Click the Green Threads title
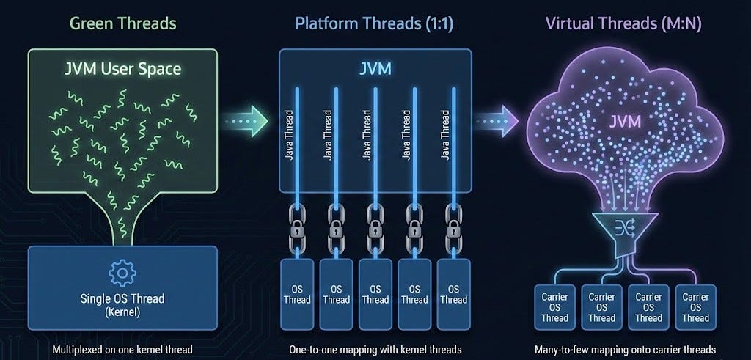click(123, 23)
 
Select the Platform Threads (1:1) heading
click(373, 24)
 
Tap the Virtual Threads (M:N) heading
click(623, 24)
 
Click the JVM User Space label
click(122, 69)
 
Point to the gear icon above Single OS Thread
click(122, 273)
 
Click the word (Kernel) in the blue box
click(122, 313)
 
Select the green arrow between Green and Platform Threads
click(246, 121)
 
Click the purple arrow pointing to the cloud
click(497, 121)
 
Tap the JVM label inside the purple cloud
click(625, 122)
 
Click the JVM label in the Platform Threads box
click(375, 69)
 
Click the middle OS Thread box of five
click(375, 294)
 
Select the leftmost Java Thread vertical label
click(288, 136)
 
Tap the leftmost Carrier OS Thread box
click(554, 307)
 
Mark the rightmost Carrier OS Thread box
click(695, 307)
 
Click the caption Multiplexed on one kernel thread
click(122, 350)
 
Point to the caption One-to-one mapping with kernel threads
click(375, 350)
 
